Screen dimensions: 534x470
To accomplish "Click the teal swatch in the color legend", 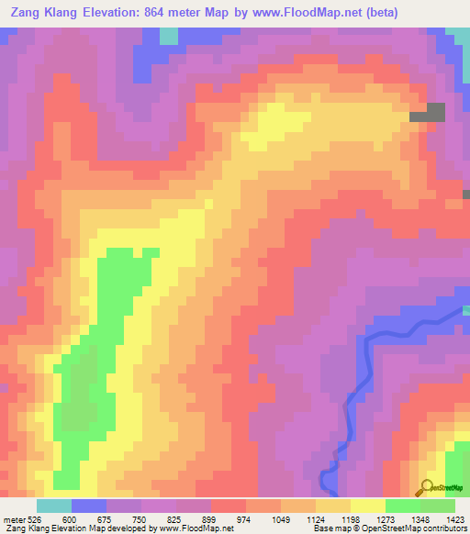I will click(x=53, y=506).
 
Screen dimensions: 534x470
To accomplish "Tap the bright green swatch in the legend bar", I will click(x=402, y=506).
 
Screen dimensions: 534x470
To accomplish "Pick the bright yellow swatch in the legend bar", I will click(x=367, y=506).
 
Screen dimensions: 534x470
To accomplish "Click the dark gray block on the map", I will click(x=428, y=112).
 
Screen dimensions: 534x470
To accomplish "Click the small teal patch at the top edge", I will click(x=169, y=35).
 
